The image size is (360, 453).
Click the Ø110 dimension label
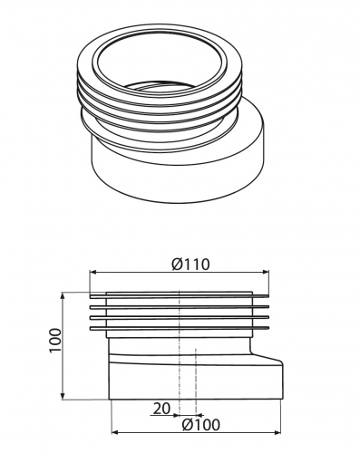190,265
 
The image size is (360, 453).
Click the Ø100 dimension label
201,425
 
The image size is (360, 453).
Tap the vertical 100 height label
55,340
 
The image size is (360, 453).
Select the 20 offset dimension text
161,409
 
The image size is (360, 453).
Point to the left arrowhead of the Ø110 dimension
92,272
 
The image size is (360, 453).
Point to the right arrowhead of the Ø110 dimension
266,272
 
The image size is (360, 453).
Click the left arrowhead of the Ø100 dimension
114,432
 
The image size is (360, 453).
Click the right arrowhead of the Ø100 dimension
277,432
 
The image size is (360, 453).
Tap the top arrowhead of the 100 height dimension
63,295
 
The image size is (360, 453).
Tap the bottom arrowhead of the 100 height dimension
63,396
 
